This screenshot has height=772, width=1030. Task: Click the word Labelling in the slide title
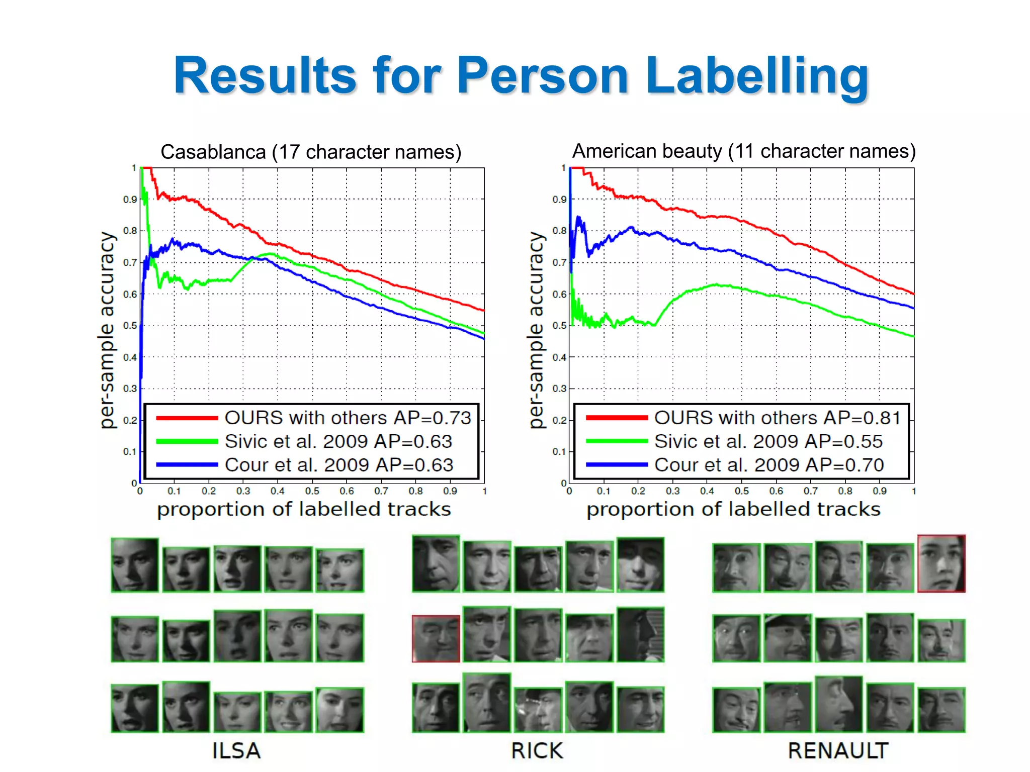tap(757, 76)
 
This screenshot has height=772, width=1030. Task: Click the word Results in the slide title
tap(265, 76)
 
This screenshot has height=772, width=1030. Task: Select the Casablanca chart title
tap(311, 152)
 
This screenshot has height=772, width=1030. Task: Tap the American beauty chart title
tap(744, 151)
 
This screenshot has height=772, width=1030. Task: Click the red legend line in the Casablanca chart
tap(187, 418)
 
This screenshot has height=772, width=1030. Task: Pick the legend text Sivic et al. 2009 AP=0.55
tap(768, 441)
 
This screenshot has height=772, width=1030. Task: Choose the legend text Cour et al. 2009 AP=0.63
tap(339, 465)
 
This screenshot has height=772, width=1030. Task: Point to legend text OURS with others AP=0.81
tap(777, 418)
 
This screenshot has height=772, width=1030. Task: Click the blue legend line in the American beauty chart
tap(617, 465)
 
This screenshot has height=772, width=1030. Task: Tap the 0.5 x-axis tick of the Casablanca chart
tap(312, 491)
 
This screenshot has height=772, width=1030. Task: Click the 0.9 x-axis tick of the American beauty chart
tap(880, 491)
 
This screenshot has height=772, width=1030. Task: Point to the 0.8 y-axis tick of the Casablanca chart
tap(130, 231)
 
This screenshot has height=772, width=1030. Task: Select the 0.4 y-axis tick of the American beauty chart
tap(559, 357)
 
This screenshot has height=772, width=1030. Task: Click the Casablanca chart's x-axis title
tap(304, 510)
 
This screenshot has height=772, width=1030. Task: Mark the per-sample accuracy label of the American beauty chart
tap(537, 330)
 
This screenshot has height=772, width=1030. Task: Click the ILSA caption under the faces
tap(236, 751)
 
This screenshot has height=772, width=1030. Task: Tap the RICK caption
tap(537, 751)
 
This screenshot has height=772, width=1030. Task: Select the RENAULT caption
tap(838, 751)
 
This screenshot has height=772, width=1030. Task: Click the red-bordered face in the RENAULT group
tap(941, 563)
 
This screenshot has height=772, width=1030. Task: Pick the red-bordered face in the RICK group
tap(436, 638)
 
